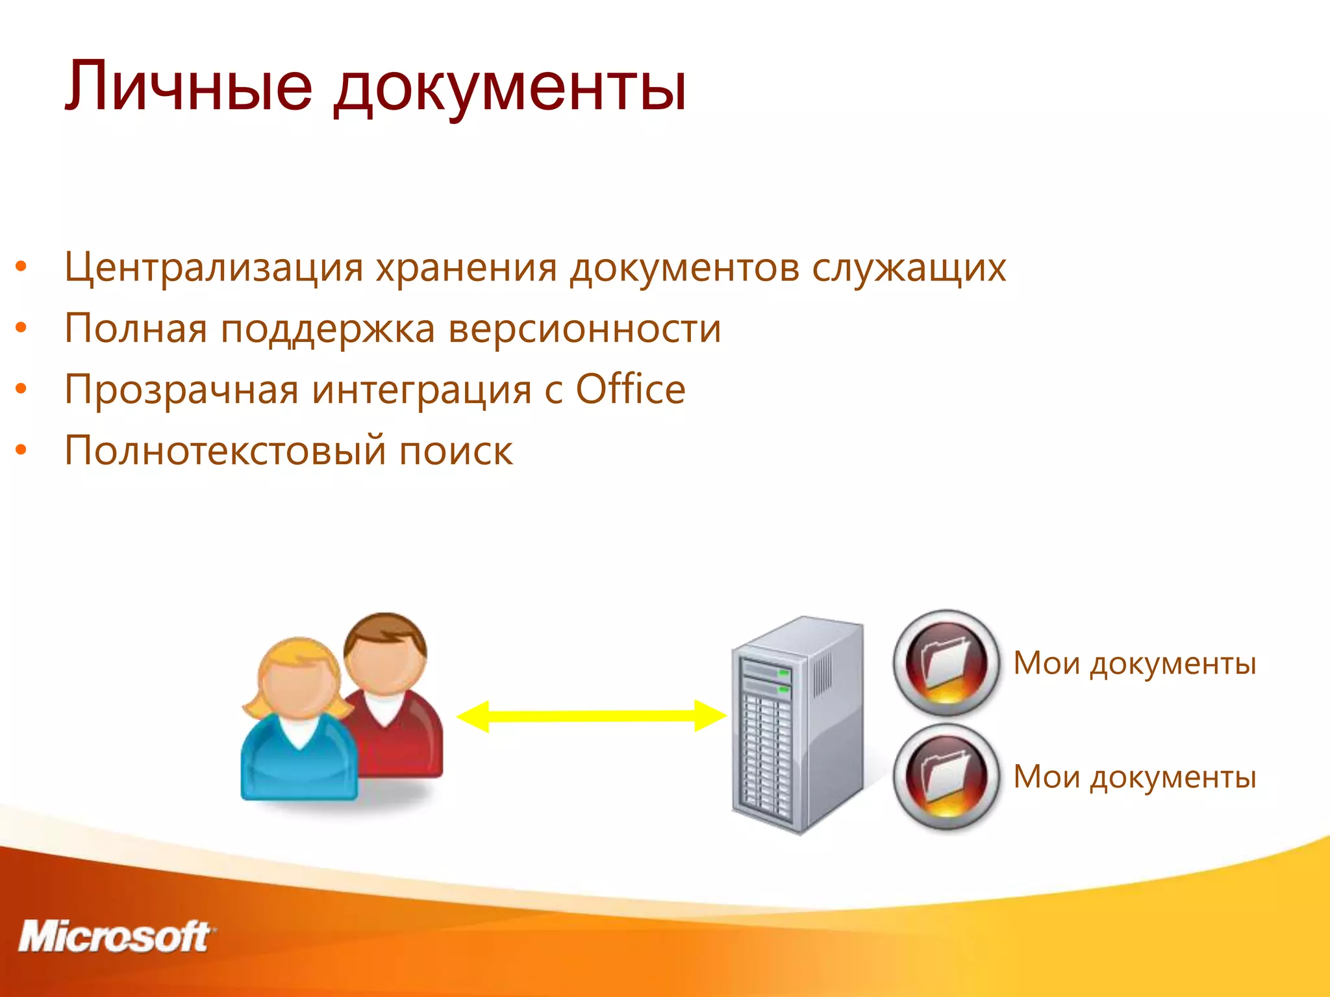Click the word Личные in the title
click(x=188, y=86)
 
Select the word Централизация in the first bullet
click(x=214, y=267)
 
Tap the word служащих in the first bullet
click(x=909, y=267)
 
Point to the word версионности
click(x=584, y=328)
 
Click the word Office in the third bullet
click(x=631, y=389)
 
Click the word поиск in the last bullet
click(x=455, y=451)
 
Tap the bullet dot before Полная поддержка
click(x=21, y=328)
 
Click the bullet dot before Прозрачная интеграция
click(x=21, y=389)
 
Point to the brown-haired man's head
click(x=386, y=652)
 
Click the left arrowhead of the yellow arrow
click(x=473, y=716)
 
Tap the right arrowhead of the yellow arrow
click(x=710, y=715)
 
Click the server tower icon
click(x=797, y=724)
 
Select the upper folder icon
click(x=946, y=663)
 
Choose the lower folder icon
click(x=946, y=777)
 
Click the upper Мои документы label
click(x=1135, y=664)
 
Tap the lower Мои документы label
click(x=1135, y=778)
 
